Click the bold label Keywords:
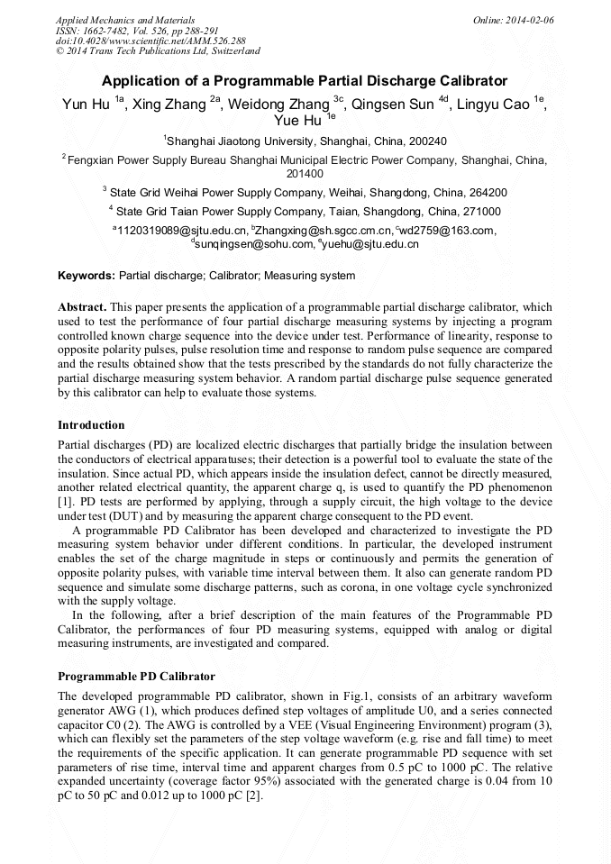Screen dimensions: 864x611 (87, 276)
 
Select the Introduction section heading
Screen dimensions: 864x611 (91, 424)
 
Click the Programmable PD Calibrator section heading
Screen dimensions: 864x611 (136, 676)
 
